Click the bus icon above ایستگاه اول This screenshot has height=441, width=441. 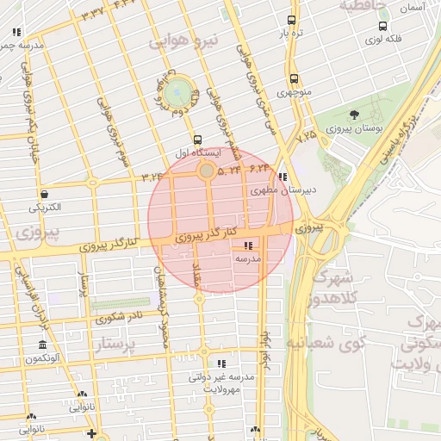point(197,140)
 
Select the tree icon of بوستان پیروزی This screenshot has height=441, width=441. point(355,115)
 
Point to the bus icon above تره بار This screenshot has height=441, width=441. point(291,21)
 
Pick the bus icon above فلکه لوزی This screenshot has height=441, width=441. point(376,27)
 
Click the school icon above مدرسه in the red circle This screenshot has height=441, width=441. point(248,245)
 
